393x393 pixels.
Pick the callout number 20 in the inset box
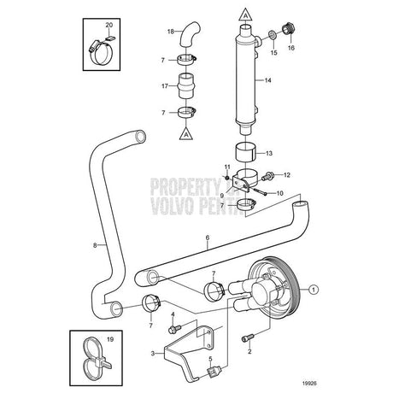pos(109,26)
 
